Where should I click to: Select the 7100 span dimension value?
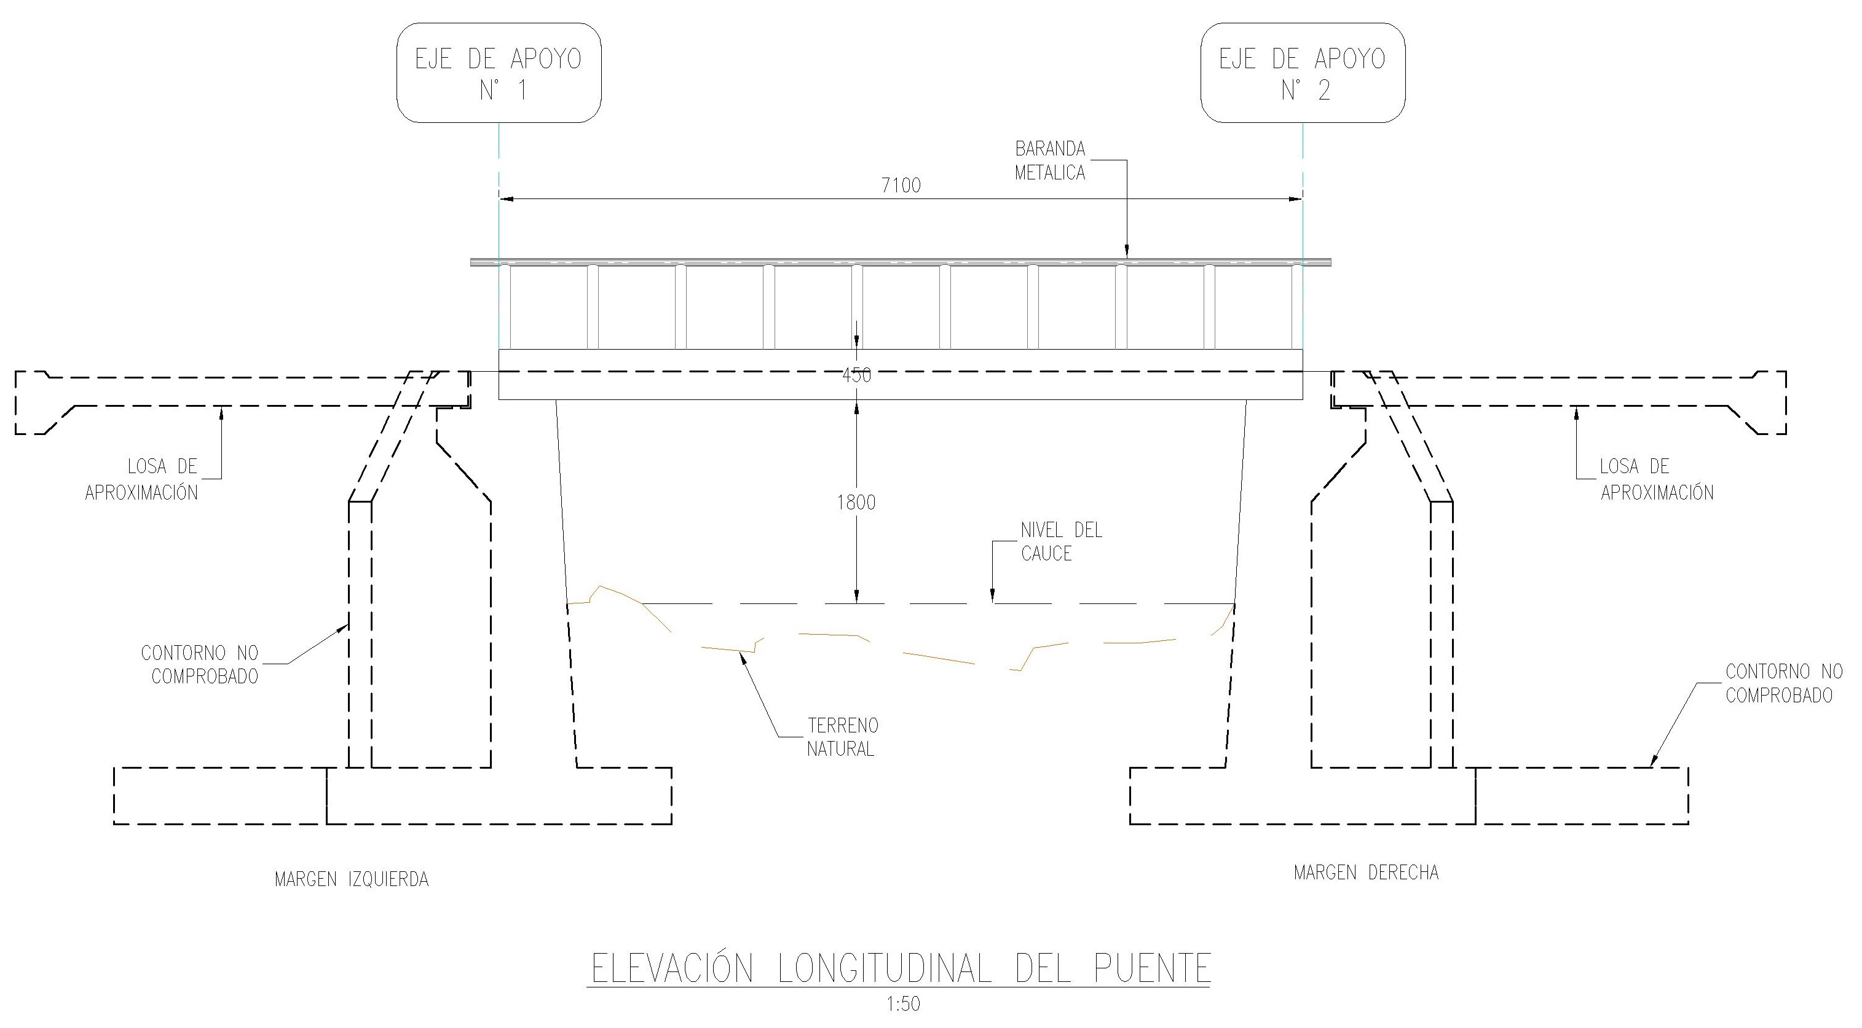point(901,186)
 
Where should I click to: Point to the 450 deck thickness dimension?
point(856,375)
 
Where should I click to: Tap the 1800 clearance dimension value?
point(856,502)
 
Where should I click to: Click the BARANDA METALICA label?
point(1051,160)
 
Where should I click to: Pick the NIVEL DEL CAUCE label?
point(1061,542)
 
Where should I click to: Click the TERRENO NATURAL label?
point(842,737)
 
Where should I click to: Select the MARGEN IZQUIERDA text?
point(351,879)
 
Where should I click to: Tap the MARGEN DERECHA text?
point(1366,873)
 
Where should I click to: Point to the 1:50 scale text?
point(904,1004)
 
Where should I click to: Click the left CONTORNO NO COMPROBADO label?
point(200,665)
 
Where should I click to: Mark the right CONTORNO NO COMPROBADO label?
point(1784,683)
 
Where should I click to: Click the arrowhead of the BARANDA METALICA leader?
point(1127,251)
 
